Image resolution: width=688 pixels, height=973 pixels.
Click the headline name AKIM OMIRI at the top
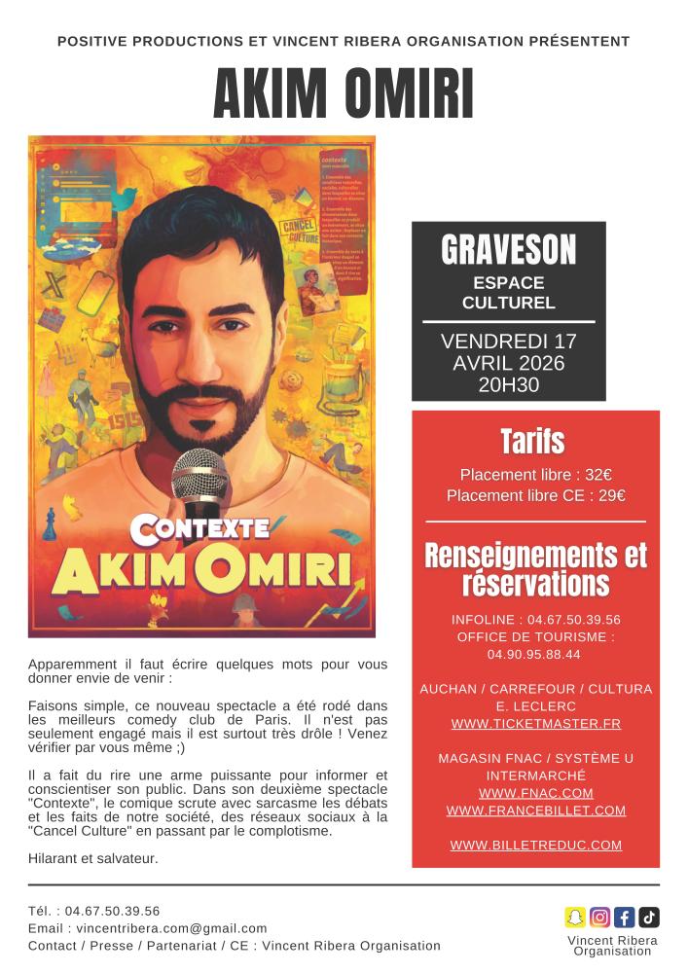pyautogui.click(x=344, y=94)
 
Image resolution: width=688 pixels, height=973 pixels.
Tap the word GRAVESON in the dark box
pyautogui.click(x=508, y=251)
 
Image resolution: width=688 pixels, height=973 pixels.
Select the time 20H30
pyautogui.click(x=508, y=384)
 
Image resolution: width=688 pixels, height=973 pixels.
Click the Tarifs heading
pyautogui.click(x=534, y=441)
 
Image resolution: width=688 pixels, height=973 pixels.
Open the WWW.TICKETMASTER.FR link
pyautogui.click(x=536, y=724)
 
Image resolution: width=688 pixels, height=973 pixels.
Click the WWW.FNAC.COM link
pyautogui.click(x=536, y=793)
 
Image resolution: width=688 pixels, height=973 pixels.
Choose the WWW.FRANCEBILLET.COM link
pyautogui.click(x=536, y=810)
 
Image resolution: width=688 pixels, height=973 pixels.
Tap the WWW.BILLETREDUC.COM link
pyautogui.click(x=536, y=845)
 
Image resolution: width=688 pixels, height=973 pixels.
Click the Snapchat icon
pyautogui.click(x=575, y=917)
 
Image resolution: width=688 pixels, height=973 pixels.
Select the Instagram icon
pyautogui.click(x=600, y=917)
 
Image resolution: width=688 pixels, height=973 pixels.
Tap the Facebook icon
pyautogui.click(x=625, y=917)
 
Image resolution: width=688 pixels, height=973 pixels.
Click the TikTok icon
pyautogui.click(x=649, y=917)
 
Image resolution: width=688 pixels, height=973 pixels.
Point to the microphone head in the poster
pyautogui.click(x=199, y=475)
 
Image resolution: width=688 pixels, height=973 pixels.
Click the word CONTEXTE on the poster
pyautogui.click(x=199, y=528)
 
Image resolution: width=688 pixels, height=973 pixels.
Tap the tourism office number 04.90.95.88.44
pyautogui.click(x=534, y=654)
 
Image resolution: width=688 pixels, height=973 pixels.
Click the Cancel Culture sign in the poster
pyautogui.click(x=295, y=230)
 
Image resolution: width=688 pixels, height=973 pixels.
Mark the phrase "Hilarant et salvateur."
pyautogui.click(x=92, y=858)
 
